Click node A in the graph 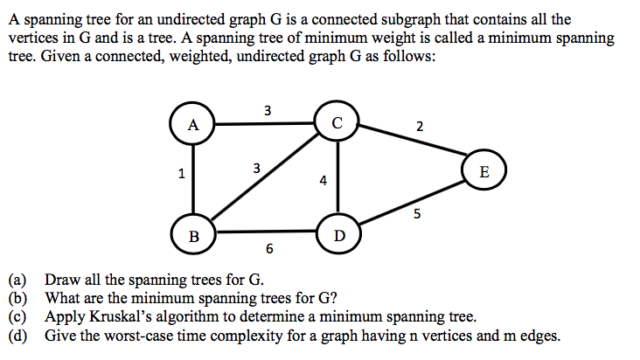[193, 124]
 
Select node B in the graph [194, 234]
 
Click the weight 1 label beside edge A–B [181, 173]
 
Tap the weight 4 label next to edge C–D [323, 182]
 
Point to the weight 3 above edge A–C [267, 110]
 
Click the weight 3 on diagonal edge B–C [255, 166]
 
